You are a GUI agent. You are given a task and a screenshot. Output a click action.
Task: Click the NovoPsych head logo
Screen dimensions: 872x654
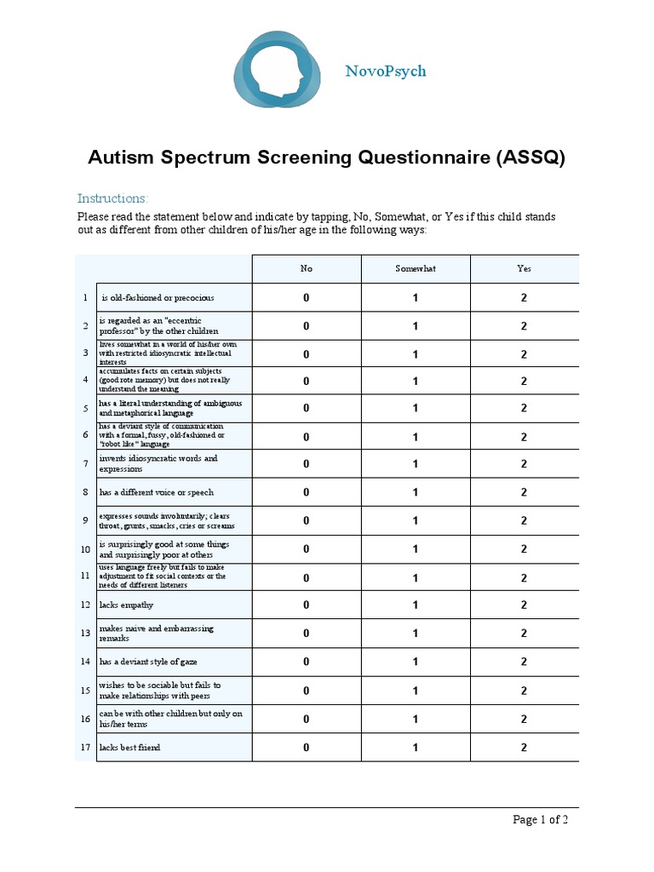(x=278, y=70)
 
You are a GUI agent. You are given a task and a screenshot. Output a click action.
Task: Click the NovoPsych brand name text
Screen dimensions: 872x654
(x=386, y=71)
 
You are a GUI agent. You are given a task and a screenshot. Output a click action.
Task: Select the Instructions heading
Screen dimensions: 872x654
(x=112, y=198)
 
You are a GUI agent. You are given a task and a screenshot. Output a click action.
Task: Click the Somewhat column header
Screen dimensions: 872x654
(x=416, y=268)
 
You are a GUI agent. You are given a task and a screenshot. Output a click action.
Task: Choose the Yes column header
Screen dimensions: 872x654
(x=524, y=268)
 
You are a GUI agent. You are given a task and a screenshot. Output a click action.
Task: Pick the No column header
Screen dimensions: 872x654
(x=307, y=268)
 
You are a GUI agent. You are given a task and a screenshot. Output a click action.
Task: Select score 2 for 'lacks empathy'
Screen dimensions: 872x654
(x=524, y=605)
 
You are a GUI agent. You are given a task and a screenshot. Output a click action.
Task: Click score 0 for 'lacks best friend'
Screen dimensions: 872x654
(x=307, y=748)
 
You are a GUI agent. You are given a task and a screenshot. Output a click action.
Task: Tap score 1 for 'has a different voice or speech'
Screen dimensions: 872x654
(x=416, y=492)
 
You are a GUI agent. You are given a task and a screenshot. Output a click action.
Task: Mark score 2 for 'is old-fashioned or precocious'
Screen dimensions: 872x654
(x=524, y=298)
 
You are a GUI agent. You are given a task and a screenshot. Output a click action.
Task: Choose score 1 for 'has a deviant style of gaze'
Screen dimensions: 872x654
(x=416, y=662)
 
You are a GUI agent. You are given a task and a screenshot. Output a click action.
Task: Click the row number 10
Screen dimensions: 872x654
(x=85, y=549)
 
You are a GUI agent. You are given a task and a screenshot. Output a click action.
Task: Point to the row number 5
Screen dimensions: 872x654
(x=85, y=408)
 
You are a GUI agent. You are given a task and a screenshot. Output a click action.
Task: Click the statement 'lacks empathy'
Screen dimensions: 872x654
(x=127, y=605)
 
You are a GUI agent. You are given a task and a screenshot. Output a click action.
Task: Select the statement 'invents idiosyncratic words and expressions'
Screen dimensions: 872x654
(x=158, y=464)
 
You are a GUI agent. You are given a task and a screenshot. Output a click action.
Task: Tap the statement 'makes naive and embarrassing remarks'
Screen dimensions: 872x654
(x=157, y=633)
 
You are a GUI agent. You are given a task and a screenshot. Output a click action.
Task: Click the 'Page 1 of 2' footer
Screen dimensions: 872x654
(x=540, y=820)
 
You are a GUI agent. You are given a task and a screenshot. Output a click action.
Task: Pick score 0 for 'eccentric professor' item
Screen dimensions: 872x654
(x=307, y=326)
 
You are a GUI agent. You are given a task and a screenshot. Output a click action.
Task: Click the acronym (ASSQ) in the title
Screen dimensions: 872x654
(x=531, y=158)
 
